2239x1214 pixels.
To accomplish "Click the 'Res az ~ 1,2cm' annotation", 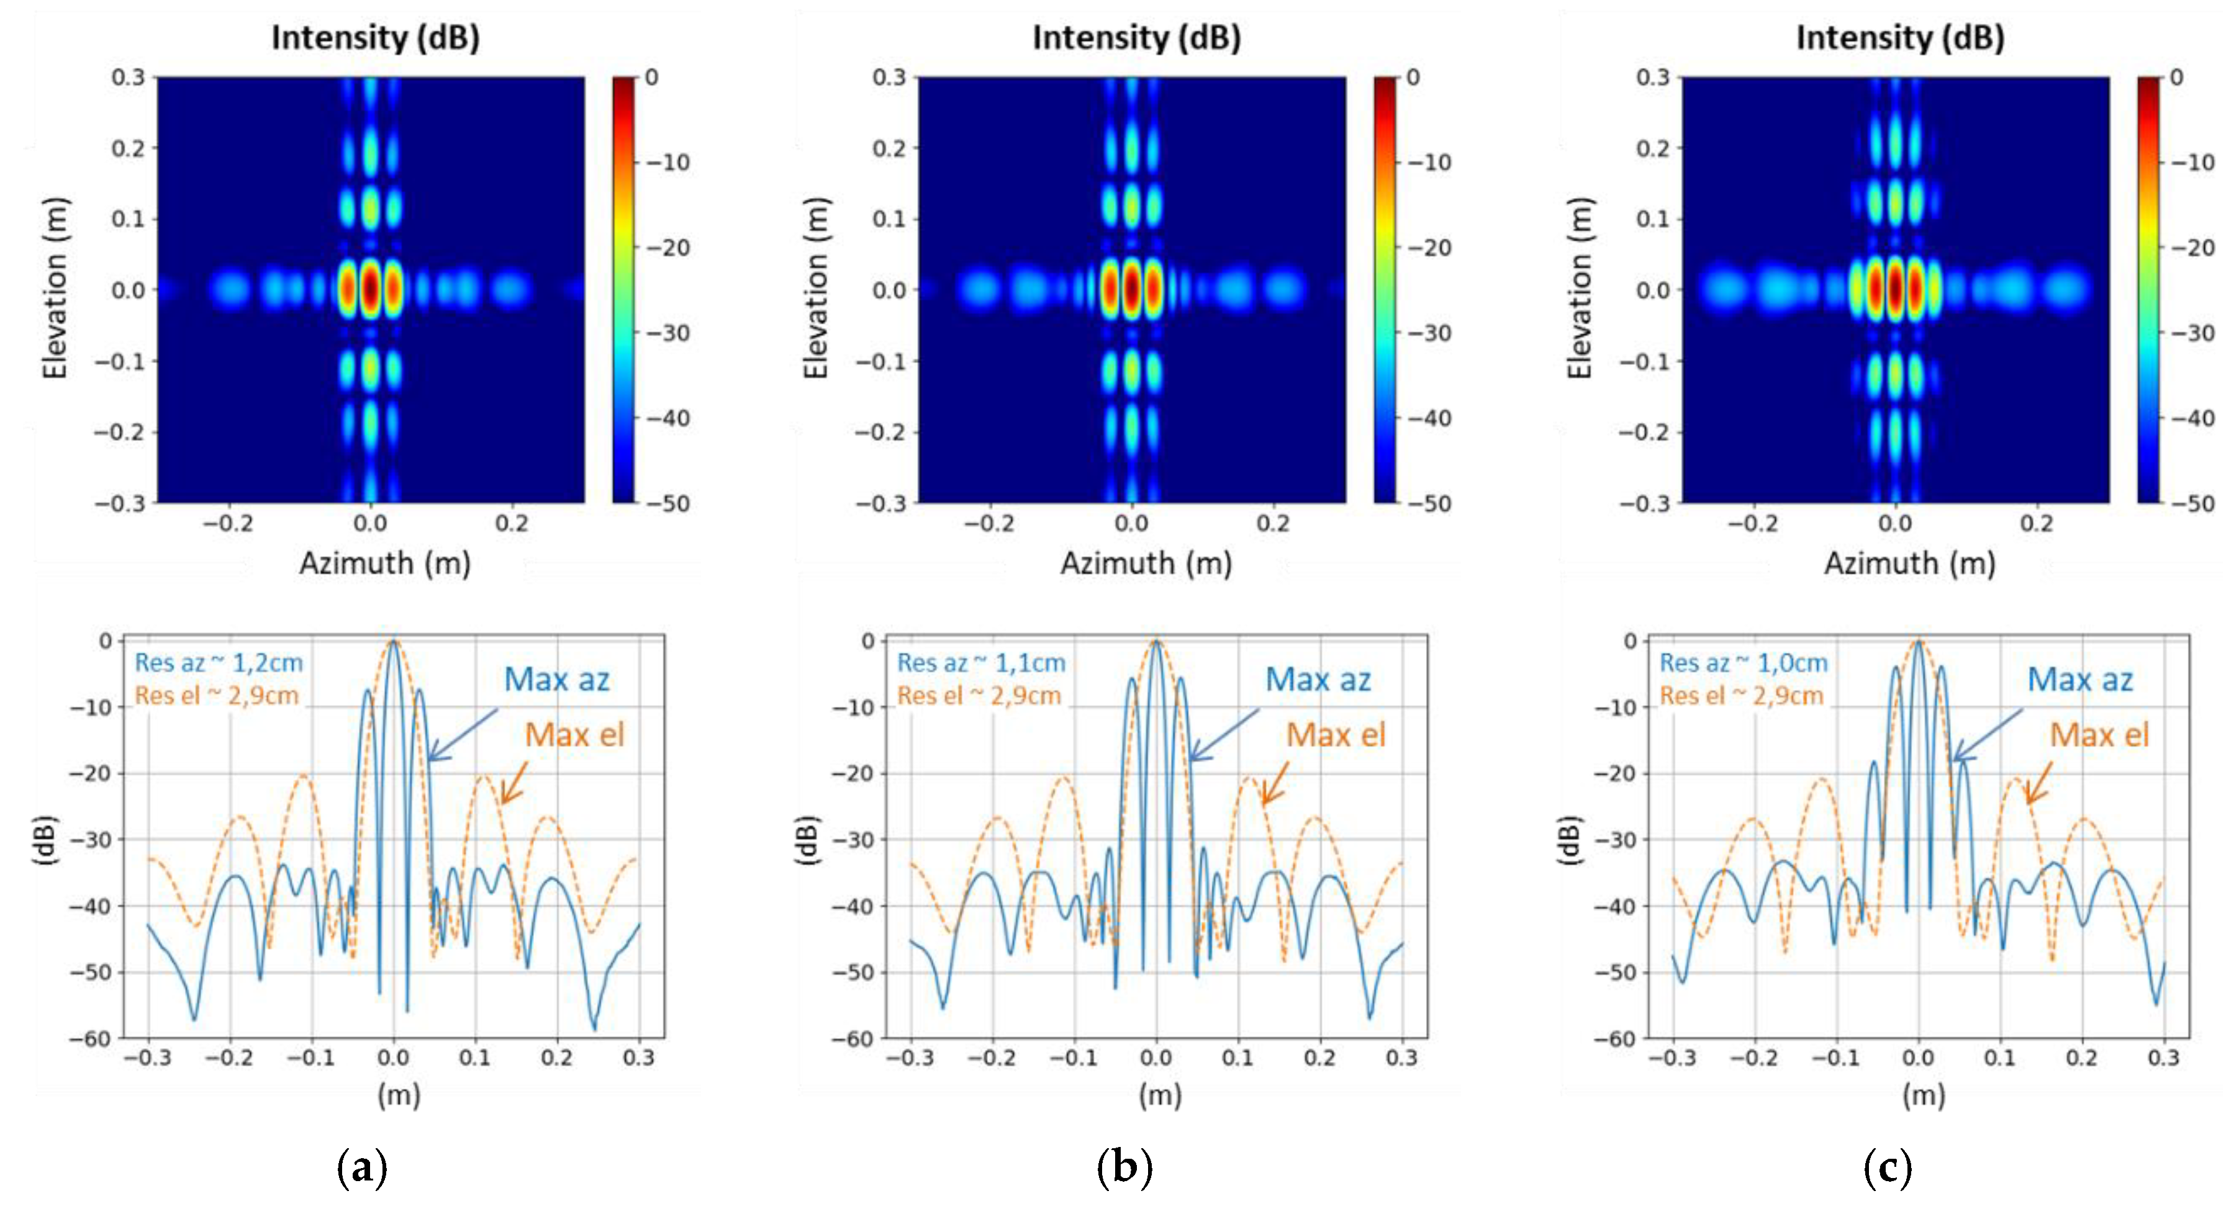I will [218, 663].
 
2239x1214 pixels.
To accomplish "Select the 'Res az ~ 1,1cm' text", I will [980, 663].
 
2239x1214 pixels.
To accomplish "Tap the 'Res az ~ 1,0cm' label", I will [1743, 663].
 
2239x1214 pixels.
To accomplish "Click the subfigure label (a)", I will [361, 1167].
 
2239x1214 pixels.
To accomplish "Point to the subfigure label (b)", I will [1124, 1167].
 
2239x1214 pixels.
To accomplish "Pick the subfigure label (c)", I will [1887, 1167].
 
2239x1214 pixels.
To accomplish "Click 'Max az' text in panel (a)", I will [556, 680].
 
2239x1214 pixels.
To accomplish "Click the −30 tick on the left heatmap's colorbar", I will [667, 333].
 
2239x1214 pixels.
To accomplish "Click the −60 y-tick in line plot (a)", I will [91, 1038].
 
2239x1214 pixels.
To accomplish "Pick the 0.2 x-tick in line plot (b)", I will [1319, 1058].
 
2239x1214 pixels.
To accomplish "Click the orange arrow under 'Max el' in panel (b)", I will [1274, 783].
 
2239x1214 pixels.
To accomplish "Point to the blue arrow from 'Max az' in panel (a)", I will [463, 734].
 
